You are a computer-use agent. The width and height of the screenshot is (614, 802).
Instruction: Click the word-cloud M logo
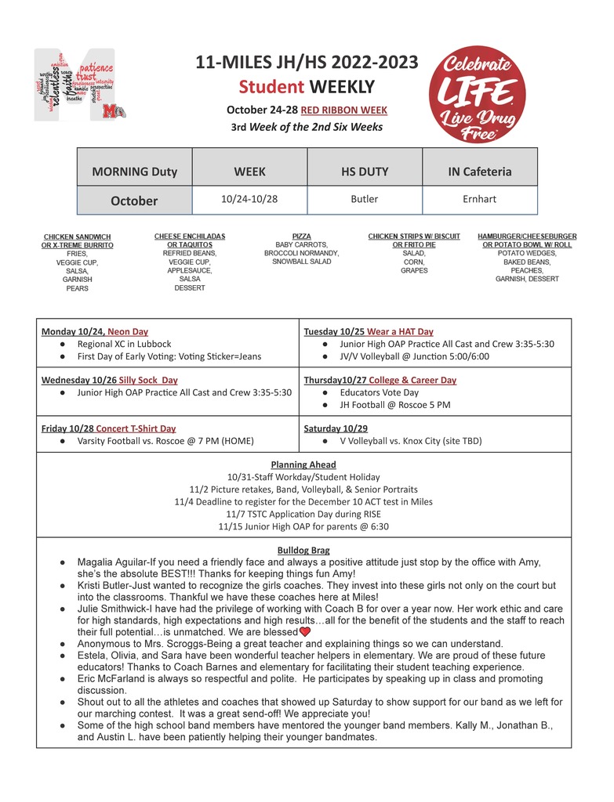pos(75,85)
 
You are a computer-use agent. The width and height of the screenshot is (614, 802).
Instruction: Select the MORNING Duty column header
pos(134,172)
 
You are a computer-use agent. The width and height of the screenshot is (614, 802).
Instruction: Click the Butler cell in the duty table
pos(365,199)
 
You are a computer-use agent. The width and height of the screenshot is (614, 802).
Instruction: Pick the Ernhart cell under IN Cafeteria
pos(479,199)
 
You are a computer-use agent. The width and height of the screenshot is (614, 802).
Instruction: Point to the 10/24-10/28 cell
pos(249,199)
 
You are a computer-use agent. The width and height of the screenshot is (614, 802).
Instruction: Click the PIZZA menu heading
pos(301,236)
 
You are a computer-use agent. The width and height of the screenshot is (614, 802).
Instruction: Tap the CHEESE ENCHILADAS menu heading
pos(190,236)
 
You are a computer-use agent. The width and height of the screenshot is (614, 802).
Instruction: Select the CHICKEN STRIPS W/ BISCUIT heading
pos(414,236)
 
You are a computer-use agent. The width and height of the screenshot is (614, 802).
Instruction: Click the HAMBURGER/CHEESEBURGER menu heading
pos(527,236)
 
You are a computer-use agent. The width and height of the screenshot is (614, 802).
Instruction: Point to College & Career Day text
pos(412,380)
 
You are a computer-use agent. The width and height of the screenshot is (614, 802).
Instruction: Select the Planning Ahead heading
pos(303,464)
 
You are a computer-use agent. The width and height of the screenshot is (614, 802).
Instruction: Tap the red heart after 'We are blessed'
pos(305,631)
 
